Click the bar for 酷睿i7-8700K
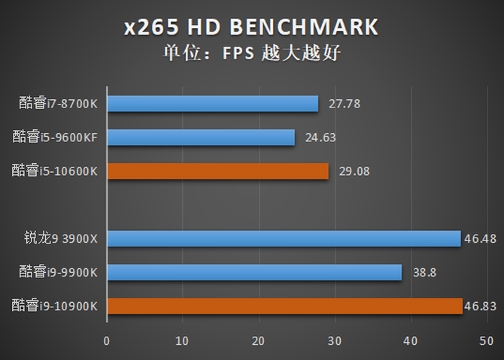[212, 104]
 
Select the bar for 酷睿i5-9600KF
[201, 137]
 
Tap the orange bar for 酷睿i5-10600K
[217, 171]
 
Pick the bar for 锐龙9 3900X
[284, 238]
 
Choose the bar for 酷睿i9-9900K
[254, 271]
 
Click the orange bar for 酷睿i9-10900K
[284, 305]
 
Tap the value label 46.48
[479, 239]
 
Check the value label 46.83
[481, 306]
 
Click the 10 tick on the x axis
[183, 340]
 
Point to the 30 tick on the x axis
[335, 340]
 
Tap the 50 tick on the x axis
[486, 340]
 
